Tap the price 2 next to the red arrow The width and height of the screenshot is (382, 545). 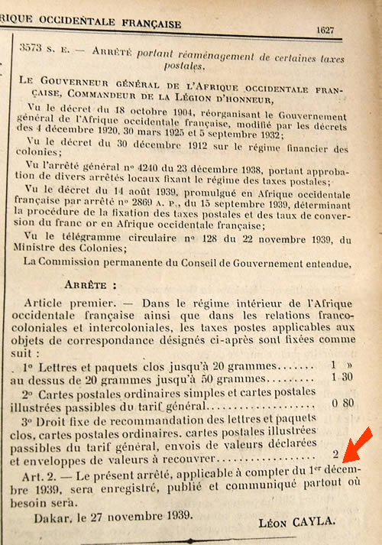[x=335, y=454]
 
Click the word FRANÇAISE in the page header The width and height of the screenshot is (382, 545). [x=145, y=24]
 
